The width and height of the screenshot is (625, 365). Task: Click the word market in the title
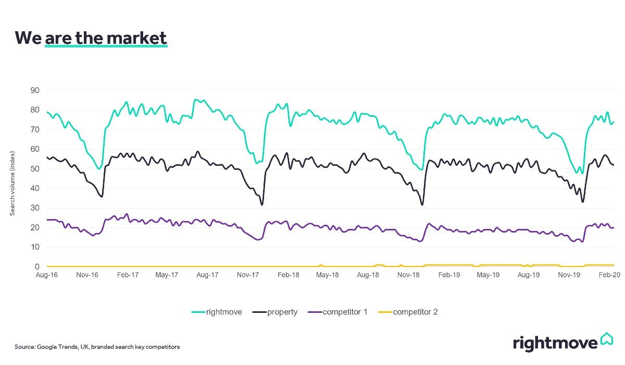pyautogui.click(x=136, y=38)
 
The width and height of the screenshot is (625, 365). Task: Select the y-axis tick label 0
pyautogui.click(x=36, y=267)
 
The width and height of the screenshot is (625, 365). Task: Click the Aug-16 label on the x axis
pyautogui.click(x=47, y=274)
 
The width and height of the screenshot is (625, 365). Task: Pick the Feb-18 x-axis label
pyautogui.click(x=287, y=274)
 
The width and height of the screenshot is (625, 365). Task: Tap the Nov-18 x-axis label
pyautogui.click(x=408, y=274)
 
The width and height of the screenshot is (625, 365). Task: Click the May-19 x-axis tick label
pyautogui.click(x=489, y=274)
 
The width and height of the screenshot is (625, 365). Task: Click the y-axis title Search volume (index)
pyautogui.click(x=12, y=184)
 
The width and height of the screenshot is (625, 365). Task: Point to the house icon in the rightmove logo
pyautogui.click(x=606, y=339)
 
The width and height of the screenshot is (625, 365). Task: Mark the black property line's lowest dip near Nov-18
pyautogui.click(x=422, y=204)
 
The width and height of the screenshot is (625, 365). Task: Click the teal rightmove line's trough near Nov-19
pyautogui.click(x=582, y=173)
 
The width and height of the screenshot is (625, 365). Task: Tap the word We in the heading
pyautogui.click(x=28, y=38)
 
